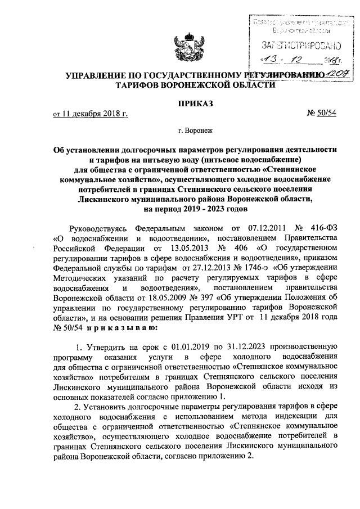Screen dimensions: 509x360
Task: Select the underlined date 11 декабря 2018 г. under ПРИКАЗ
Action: tap(90, 115)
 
